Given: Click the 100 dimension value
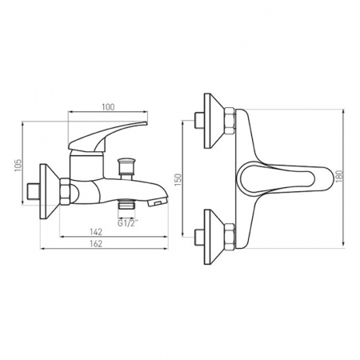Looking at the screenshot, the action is pos(108,107).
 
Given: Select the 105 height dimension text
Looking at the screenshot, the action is pos(18,166).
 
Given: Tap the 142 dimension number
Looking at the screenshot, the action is pos(96,232).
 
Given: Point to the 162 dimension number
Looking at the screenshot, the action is pos(96,244).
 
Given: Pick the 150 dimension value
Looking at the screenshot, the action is pos(178,179).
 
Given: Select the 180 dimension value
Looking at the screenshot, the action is pos(338,176).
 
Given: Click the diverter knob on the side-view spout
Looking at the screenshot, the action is pos(126,169).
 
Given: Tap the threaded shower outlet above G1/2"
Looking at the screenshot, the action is pos(126,206).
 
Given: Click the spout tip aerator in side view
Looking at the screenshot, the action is pos(158,203).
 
